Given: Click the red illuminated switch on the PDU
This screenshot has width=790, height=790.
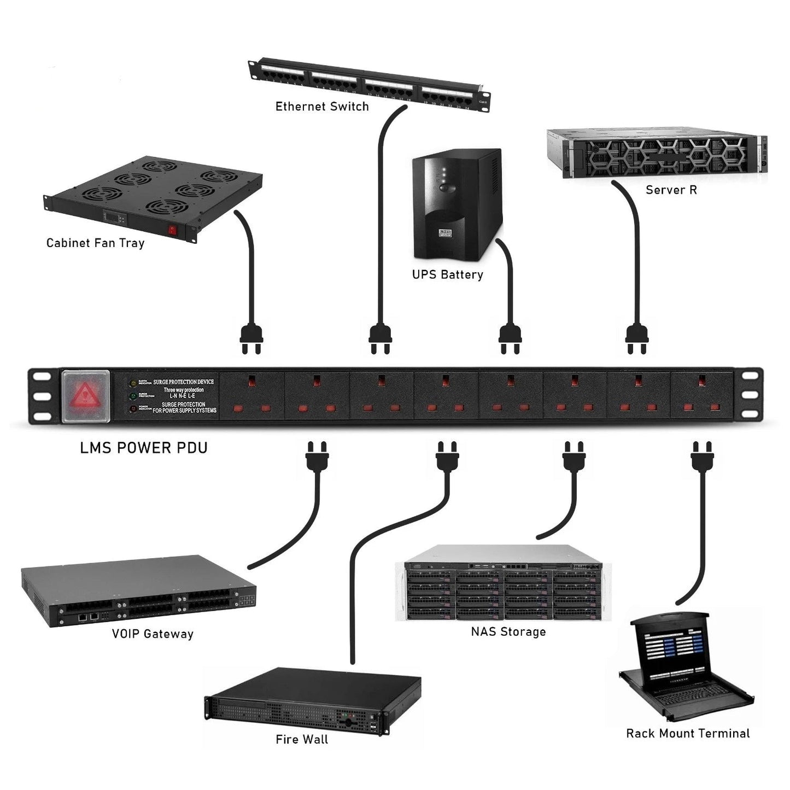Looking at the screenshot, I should pyautogui.click(x=86, y=395).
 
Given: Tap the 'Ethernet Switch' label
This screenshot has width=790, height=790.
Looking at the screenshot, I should pyautogui.click(x=322, y=107).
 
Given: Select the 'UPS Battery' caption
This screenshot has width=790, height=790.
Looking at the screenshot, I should pyautogui.click(x=448, y=274).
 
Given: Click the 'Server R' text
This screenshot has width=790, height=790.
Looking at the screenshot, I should pyautogui.click(x=671, y=190).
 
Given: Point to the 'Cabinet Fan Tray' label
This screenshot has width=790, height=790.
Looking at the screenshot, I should pyautogui.click(x=95, y=243).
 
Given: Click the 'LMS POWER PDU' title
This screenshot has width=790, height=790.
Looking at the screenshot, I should pyautogui.click(x=144, y=448).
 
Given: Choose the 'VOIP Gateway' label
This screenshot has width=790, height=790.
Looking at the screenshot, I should pyautogui.click(x=153, y=634).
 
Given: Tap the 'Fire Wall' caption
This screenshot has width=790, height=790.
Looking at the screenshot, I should pyautogui.click(x=302, y=740).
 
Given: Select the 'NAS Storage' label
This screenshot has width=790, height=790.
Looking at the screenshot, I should pyautogui.click(x=508, y=632).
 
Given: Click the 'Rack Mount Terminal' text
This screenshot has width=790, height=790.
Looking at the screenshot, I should pyautogui.click(x=688, y=734).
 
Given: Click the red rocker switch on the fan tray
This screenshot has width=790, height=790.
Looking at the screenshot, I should pyautogui.click(x=174, y=231).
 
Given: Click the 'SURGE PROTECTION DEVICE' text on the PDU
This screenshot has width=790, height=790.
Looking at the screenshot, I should pyautogui.click(x=184, y=382).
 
